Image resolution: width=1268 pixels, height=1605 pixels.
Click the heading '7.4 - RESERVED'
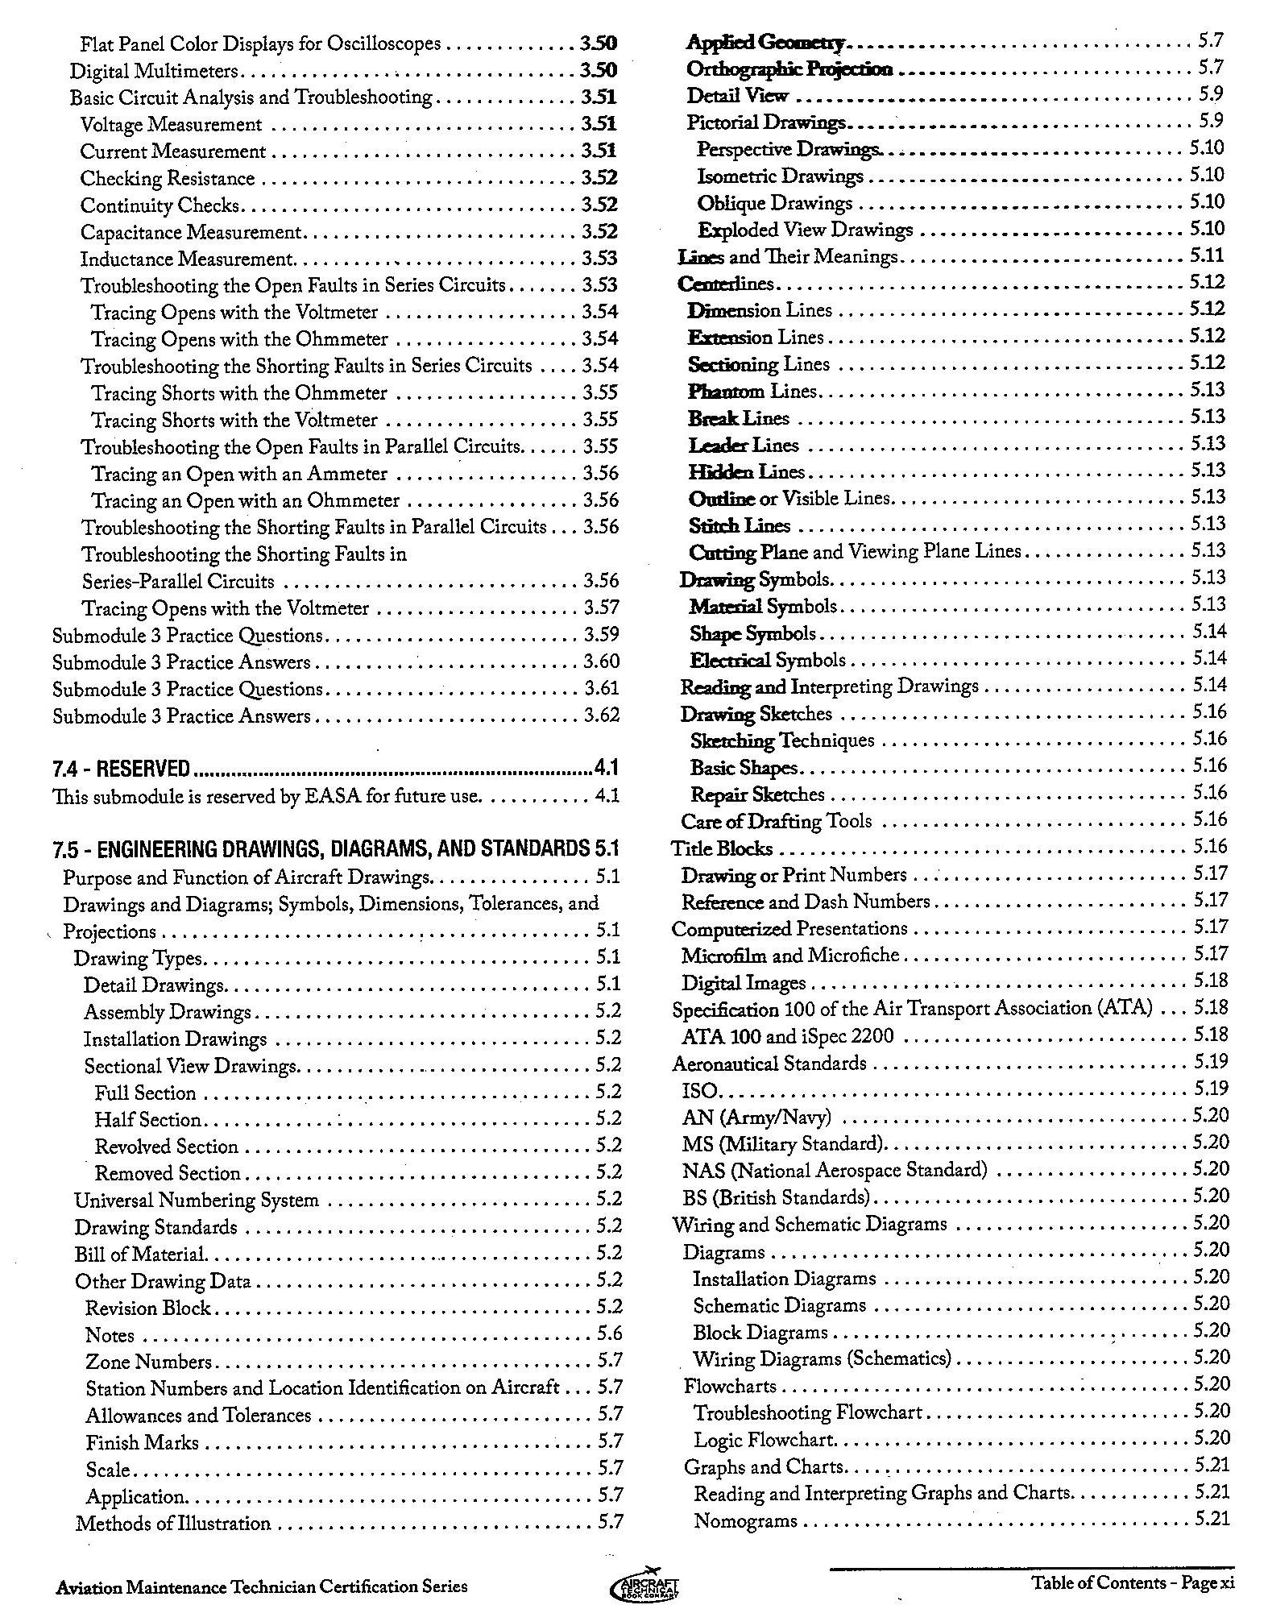coord(121,768)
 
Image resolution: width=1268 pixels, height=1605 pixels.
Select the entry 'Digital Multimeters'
coord(154,71)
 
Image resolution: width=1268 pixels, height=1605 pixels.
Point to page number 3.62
coord(601,715)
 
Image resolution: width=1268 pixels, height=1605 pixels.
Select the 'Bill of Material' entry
coord(140,1254)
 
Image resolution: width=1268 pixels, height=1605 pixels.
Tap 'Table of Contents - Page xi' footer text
coord(1133,1582)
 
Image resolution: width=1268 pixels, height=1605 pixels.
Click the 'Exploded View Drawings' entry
coord(805,230)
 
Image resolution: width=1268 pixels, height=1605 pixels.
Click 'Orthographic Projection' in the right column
coord(789,69)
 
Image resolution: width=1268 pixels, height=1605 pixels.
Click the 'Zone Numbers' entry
coord(148,1362)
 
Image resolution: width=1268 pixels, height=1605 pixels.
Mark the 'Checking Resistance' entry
coord(168,178)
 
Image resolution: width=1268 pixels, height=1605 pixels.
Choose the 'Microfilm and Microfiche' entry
coord(789,955)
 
